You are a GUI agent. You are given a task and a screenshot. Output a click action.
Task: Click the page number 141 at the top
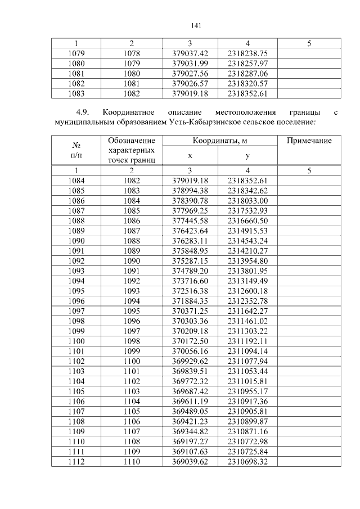196,25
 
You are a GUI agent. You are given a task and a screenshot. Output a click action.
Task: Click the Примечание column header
309,141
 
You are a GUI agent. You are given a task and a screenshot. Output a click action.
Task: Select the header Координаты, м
219,141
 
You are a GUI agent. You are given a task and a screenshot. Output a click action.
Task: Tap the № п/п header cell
76,150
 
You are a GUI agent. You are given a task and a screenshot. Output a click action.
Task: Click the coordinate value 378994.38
190,190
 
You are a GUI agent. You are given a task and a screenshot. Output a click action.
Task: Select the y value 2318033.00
247,200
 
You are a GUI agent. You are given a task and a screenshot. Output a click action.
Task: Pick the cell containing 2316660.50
247,220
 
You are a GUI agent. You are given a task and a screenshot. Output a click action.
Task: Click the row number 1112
76,461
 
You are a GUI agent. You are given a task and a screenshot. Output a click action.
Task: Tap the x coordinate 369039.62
190,461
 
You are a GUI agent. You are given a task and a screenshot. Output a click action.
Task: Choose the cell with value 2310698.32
247,461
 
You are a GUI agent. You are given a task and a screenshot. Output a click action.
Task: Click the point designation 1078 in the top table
131,53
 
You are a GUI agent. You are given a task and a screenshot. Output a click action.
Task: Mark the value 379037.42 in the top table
190,53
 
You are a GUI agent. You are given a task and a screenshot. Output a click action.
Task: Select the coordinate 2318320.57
247,83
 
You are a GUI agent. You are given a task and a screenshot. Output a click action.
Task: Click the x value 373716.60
190,281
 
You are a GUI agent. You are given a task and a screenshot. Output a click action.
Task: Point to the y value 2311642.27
247,310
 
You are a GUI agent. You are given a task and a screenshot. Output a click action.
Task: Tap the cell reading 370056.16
190,350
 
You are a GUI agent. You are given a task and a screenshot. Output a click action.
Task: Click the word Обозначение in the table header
131,140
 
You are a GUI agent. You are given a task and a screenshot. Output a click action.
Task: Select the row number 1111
76,451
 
